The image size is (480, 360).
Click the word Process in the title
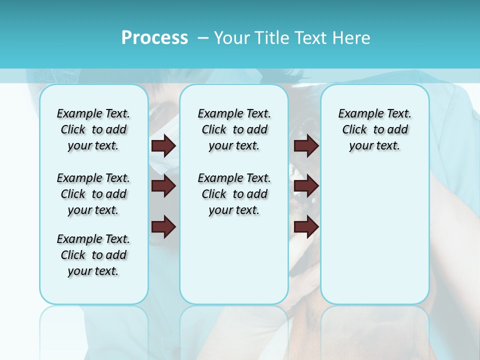pos(154,37)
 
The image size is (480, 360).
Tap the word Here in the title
pos(350,37)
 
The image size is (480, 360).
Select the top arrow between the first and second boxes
pos(163,145)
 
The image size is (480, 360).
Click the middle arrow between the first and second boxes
pos(163,186)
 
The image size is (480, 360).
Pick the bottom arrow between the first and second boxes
pos(163,226)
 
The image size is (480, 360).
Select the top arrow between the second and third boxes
pos(306,145)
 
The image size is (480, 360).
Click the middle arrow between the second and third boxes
pos(306,186)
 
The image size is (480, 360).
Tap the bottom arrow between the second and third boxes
pos(306,226)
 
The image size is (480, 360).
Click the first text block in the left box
pos(93,129)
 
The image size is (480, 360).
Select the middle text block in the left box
pos(93,194)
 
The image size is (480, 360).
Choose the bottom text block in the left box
pos(93,255)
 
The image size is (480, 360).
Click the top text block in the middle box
pos(234,129)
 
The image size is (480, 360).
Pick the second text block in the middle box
pos(234,194)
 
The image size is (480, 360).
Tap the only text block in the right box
pos(374,129)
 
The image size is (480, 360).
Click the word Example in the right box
pos(357,114)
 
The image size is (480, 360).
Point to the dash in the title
pos(202,38)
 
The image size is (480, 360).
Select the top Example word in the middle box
pos(217,114)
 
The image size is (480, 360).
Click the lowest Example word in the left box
pos(76,239)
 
